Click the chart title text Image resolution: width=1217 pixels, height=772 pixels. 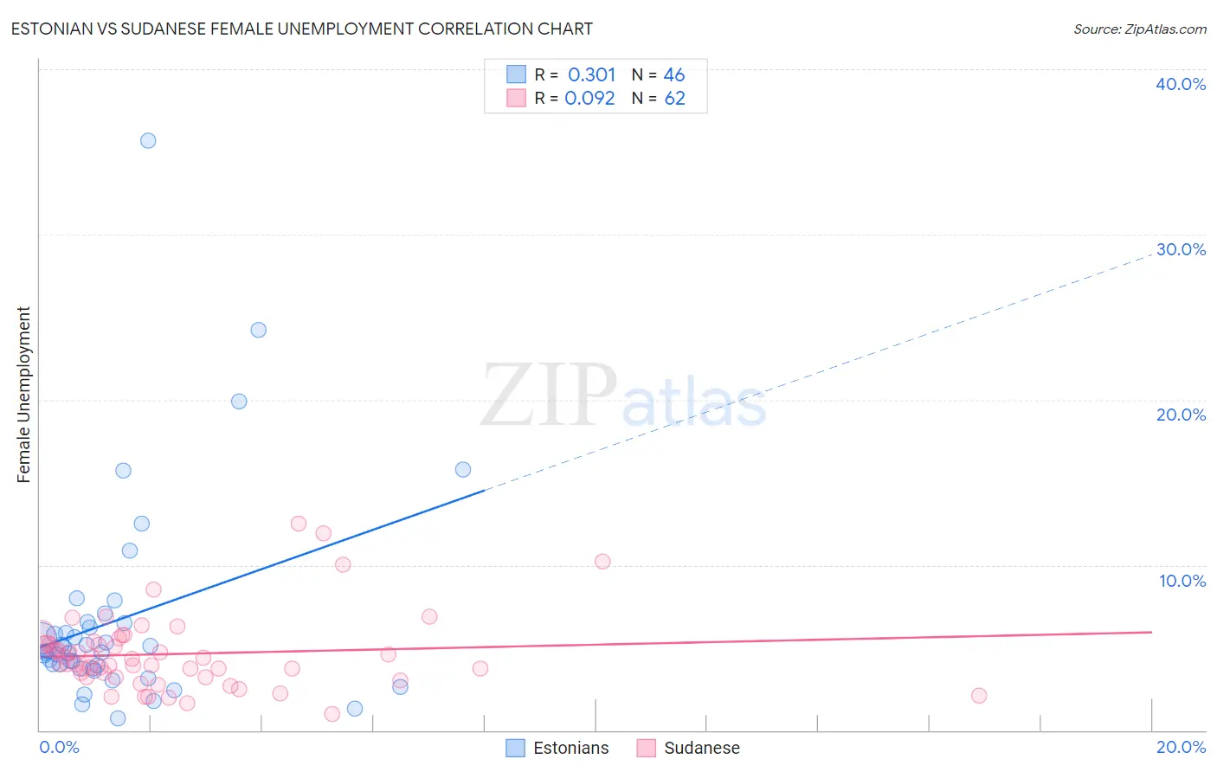(x=301, y=29)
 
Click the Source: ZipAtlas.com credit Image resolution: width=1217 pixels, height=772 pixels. (x=1139, y=29)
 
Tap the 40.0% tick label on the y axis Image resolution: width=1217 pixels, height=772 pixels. (x=1180, y=84)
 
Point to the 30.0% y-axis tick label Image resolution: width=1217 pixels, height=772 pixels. (x=1180, y=249)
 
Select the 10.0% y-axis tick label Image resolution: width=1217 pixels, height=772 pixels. (x=1182, y=581)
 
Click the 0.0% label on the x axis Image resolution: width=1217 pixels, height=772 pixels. (x=59, y=747)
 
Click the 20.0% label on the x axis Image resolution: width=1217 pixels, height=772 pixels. (x=1181, y=747)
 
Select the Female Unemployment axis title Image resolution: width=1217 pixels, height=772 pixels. (x=23, y=395)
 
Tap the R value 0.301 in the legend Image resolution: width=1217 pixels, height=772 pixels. (x=591, y=74)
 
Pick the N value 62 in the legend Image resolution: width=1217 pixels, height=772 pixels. (x=674, y=98)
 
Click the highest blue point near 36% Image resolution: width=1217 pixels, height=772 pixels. (x=148, y=140)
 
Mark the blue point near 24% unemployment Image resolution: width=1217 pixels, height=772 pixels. (x=258, y=330)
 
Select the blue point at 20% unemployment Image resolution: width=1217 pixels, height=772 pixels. (x=239, y=402)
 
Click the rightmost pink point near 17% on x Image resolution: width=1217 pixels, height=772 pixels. (x=979, y=696)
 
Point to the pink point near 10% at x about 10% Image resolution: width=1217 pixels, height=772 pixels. (x=602, y=562)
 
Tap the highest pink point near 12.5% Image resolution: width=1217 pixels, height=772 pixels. (x=299, y=524)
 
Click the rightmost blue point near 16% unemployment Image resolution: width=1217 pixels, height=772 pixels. (x=463, y=469)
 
